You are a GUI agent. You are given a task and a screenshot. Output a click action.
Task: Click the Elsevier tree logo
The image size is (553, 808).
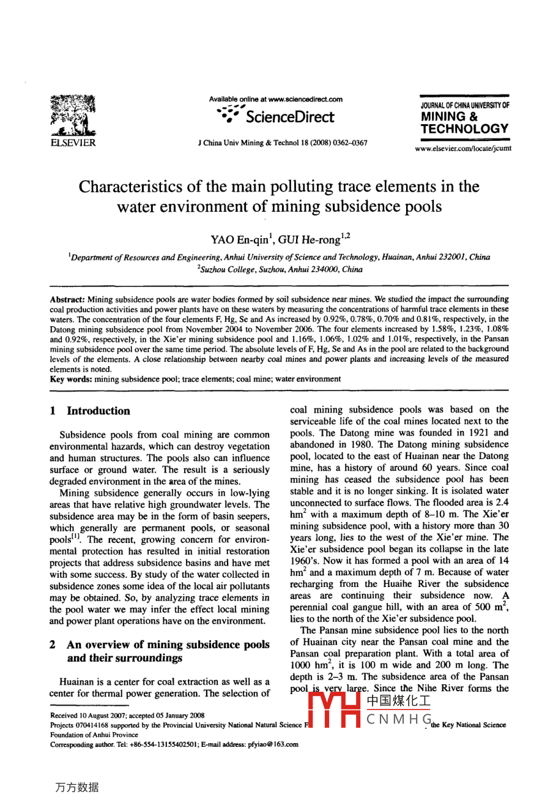(x=72, y=116)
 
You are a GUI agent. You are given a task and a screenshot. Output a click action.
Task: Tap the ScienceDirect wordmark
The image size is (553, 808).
(x=290, y=117)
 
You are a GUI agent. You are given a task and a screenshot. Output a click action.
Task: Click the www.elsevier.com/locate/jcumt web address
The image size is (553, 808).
(x=463, y=148)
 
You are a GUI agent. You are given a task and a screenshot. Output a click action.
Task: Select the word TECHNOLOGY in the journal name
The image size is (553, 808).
(x=465, y=129)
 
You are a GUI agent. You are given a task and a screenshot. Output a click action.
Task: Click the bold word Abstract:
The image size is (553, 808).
(x=67, y=299)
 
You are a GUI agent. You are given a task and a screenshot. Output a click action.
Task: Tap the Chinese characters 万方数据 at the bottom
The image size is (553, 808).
(x=76, y=787)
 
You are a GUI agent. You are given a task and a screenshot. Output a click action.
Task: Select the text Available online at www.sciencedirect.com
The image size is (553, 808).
(x=275, y=99)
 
